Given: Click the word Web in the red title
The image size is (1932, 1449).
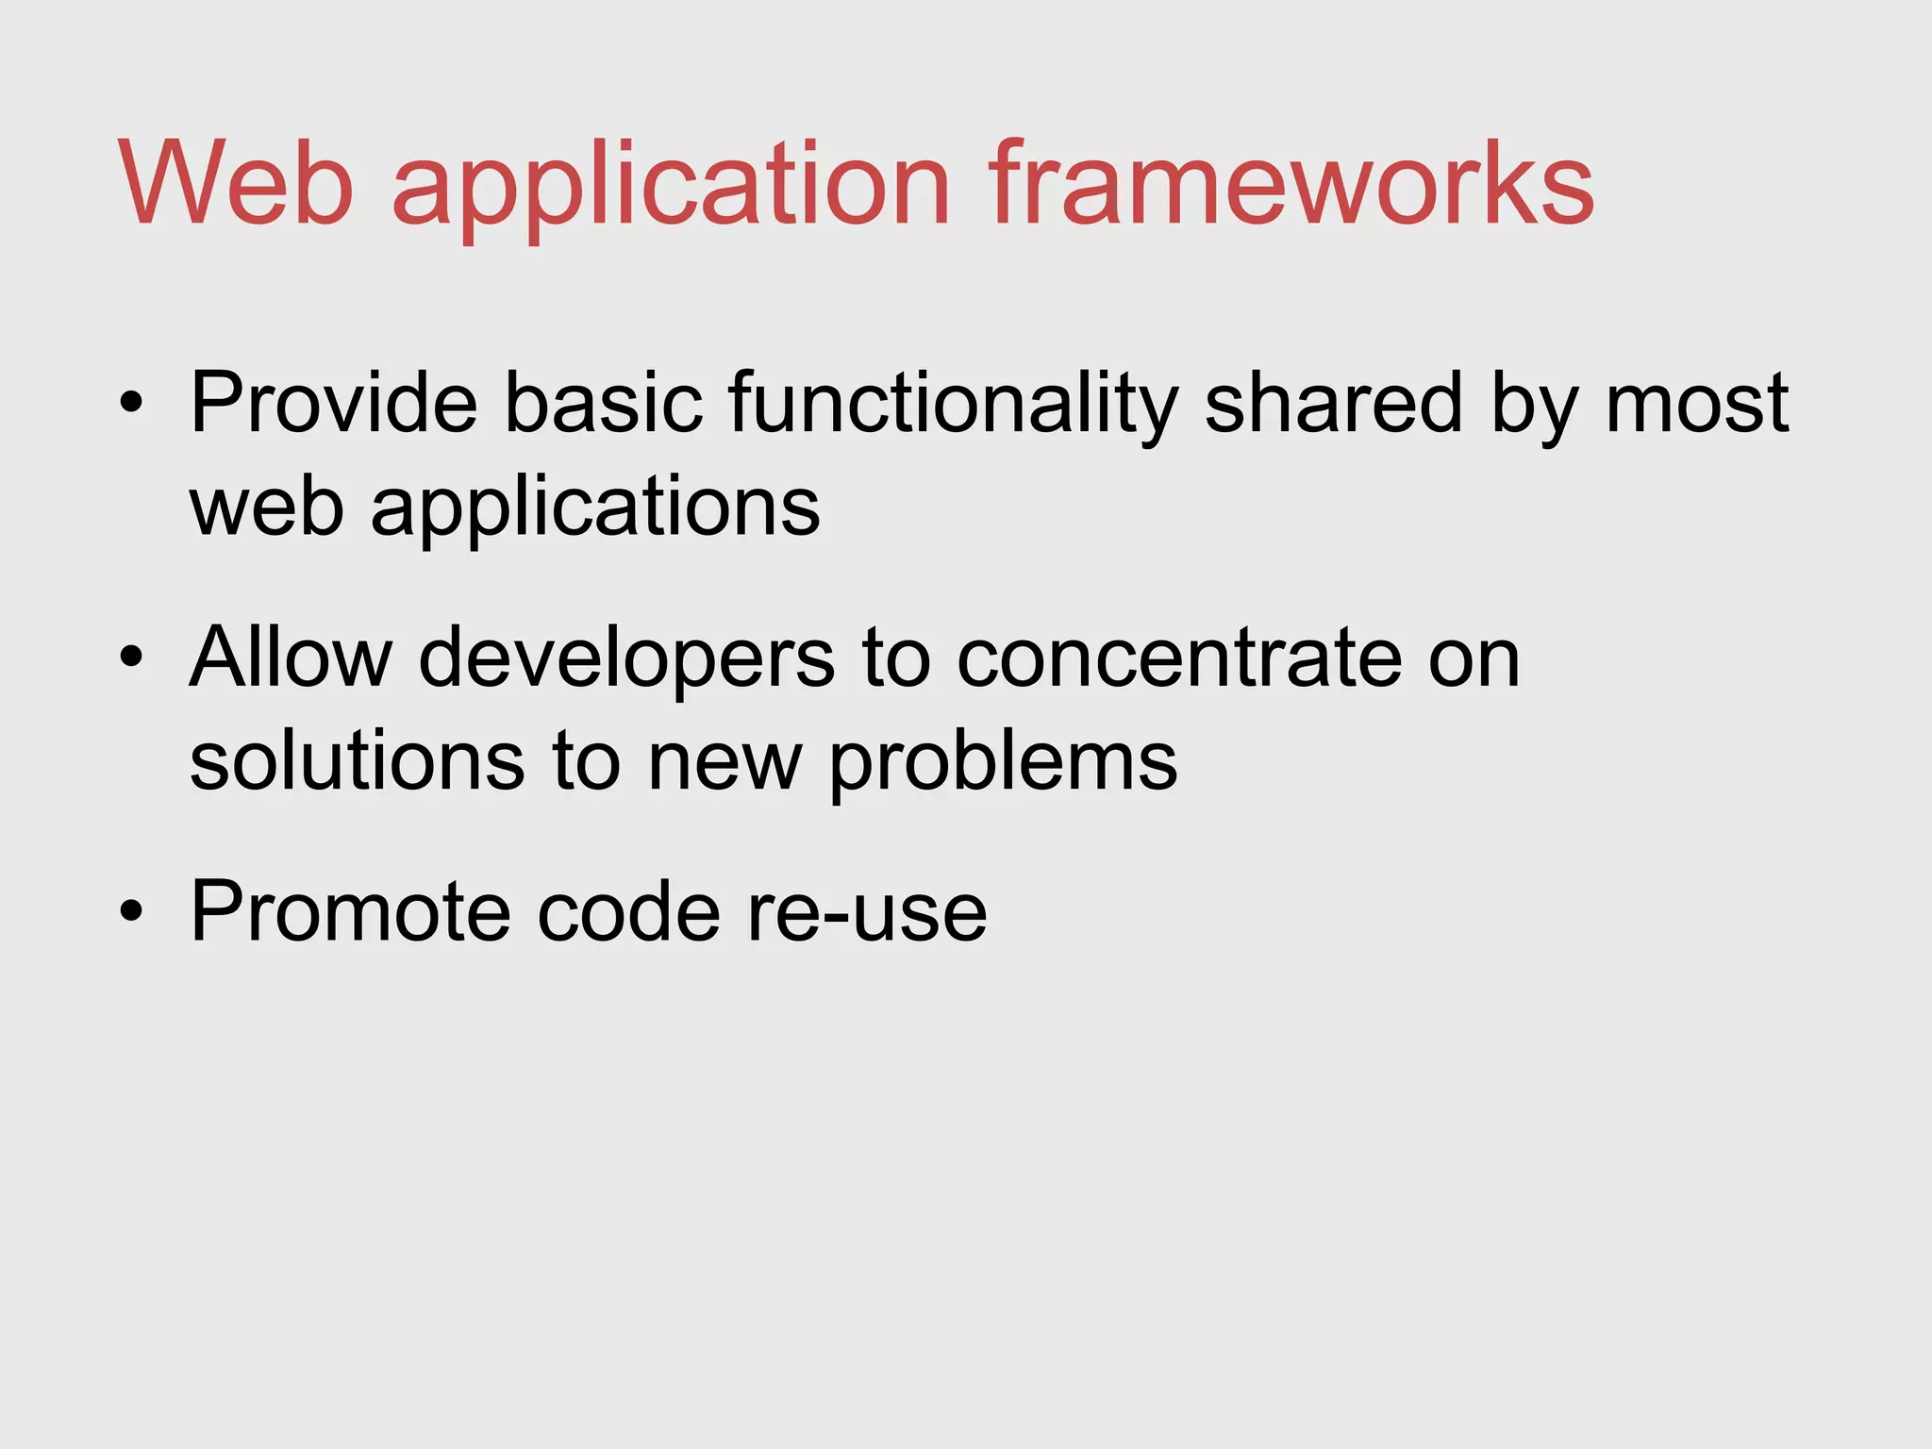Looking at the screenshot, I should click(x=236, y=183).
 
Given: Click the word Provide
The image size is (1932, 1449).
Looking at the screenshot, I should click(x=334, y=403).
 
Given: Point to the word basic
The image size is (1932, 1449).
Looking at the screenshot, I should click(x=604, y=403).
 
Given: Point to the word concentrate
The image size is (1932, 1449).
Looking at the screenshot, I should click(x=1178, y=658).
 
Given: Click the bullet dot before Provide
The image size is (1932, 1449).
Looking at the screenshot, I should click(x=131, y=405).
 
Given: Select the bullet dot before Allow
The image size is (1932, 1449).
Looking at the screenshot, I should click(x=131, y=658).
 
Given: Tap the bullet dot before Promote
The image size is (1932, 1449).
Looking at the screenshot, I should click(x=131, y=911).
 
